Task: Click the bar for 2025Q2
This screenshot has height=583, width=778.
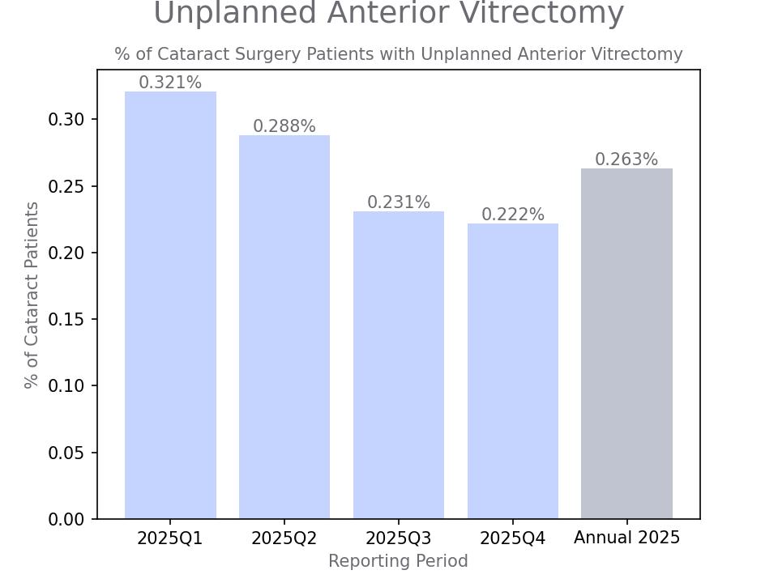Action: point(284,327)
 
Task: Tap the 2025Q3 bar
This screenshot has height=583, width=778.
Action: point(399,365)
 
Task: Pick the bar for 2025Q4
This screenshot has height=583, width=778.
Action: point(513,371)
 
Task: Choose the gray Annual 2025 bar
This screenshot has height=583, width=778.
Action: point(626,343)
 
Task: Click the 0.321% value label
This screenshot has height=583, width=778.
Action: point(170,83)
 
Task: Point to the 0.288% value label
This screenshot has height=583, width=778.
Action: point(284,126)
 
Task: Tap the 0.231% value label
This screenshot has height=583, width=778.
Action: point(399,202)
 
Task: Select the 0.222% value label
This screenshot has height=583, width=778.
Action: point(513,215)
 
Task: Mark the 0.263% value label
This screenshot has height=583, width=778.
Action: point(626,160)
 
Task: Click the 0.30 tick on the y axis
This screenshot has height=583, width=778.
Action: point(66,120)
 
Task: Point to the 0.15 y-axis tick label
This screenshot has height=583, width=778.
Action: point(66,320)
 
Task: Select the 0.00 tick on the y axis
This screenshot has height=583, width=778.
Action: point(66,519)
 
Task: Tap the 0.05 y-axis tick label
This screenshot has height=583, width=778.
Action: point(66,453)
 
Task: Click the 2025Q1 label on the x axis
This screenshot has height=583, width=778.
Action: point(170,538)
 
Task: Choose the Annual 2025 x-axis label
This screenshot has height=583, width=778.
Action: point(626,538)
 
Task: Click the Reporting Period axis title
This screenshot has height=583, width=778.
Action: point(398,561)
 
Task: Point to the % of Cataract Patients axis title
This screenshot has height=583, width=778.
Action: point(32,295)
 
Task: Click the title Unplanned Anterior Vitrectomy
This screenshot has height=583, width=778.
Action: point(389,14)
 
